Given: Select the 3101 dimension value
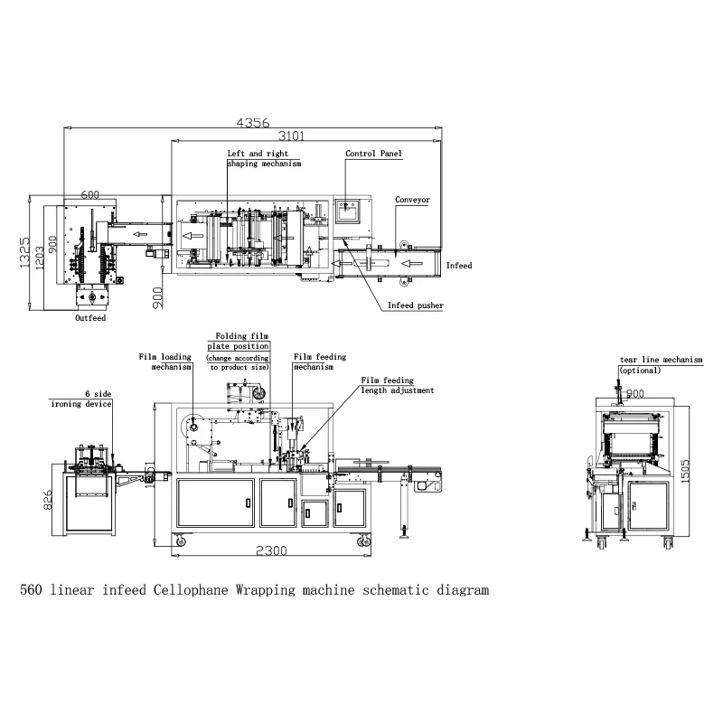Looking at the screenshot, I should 289,136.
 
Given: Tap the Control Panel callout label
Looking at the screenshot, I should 373,155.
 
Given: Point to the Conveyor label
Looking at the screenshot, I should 412,200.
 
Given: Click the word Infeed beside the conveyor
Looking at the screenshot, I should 459,266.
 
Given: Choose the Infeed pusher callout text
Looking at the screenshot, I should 415,305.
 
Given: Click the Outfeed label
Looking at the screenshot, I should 90,318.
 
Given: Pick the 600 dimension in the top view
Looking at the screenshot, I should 89,195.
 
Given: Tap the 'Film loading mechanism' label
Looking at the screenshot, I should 165,361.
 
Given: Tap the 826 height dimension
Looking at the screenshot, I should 47,500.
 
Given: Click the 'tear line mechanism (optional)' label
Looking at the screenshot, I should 660,364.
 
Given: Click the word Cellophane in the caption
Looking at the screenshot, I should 191,591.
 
